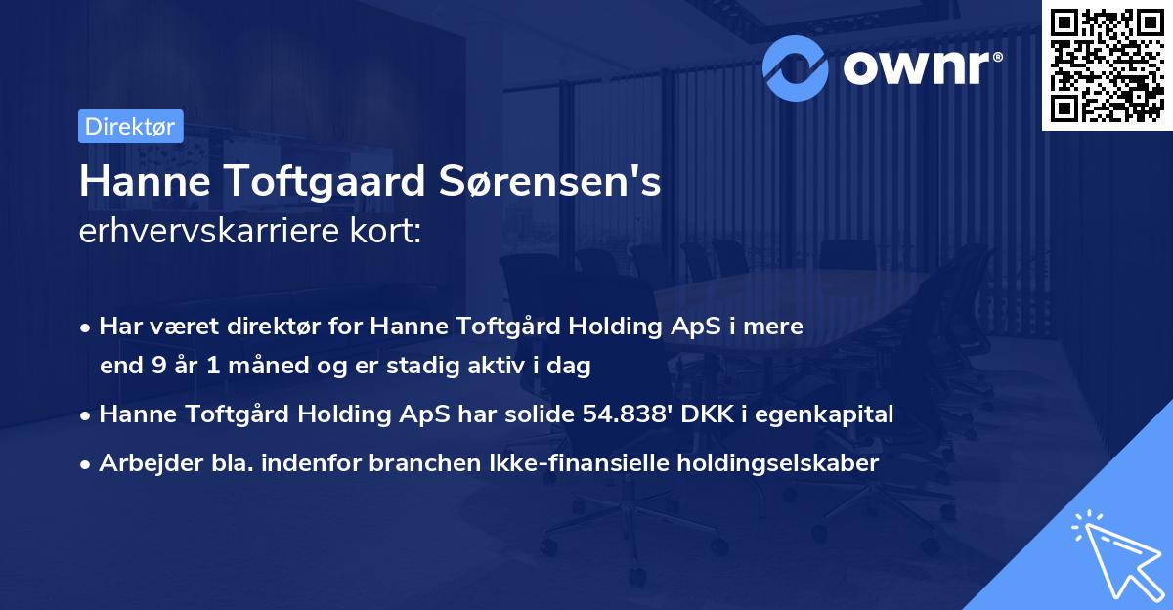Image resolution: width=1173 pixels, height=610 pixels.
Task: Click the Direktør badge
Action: pos(130,126)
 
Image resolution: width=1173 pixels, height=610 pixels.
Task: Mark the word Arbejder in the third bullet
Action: pos(143,463)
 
